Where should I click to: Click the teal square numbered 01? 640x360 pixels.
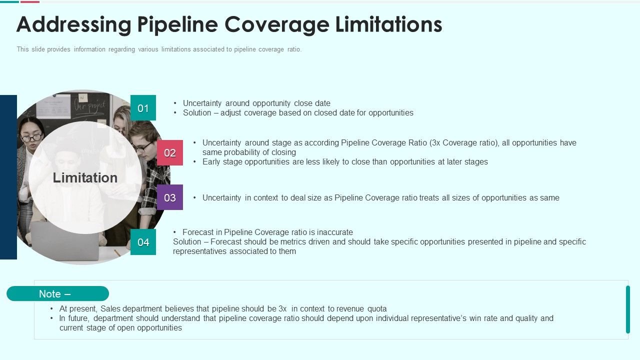[143, 108]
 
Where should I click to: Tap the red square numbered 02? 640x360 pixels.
[170, 153]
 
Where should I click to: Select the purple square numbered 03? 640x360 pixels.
[170, 197]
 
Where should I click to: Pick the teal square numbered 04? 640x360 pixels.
[143, 242]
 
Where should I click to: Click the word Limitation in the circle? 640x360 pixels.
[85, 178]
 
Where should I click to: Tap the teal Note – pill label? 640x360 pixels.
[57, 294]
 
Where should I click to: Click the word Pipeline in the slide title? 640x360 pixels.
[178, 24]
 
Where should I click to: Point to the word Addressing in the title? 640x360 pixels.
[69, 24]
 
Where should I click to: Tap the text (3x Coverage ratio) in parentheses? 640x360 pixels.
[463, 143]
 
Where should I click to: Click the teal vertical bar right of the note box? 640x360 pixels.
[628, 309]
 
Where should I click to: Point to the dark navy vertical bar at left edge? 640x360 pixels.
[8, 177]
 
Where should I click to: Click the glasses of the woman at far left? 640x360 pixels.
[31, 137]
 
